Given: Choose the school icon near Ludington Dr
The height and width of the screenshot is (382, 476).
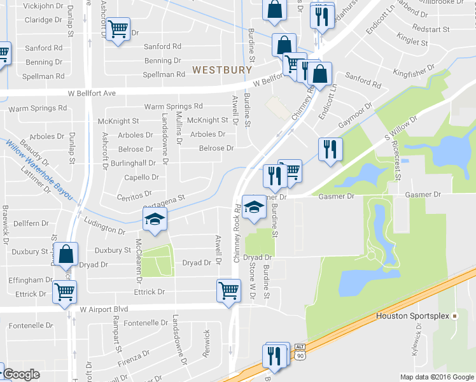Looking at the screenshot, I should pyautogui.click(x=153, y=220).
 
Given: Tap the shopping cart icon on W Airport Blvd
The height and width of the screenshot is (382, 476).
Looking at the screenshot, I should pyautogui.click(x=228, y=290).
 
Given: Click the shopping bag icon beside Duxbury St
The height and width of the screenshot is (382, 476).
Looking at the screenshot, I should pyautogui.click(x=66, y=253).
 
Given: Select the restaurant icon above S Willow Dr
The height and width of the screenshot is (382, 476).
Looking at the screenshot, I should pyautogui.click(x=330, y=149).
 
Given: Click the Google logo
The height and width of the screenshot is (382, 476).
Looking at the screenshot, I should pyautogui.click(x=21, y=374).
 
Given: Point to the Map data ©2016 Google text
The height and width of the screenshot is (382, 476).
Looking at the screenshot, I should pyautogui.click(x=437, y=377).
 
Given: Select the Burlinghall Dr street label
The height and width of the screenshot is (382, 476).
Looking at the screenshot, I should pyautogui.click(x=132, y=162).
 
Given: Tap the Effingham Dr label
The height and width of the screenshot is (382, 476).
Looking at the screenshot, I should pyautogui.click(x=30, y=279).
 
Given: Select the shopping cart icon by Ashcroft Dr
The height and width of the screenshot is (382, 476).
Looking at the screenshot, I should pyautogui.click(x=118, y=29).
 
